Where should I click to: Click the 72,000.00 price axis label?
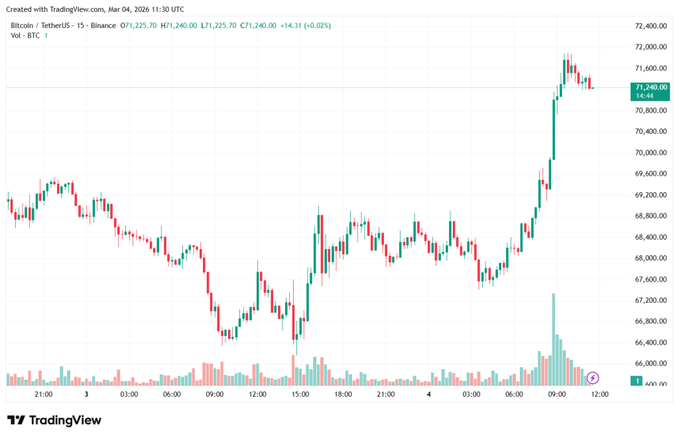click(x=650, y=47)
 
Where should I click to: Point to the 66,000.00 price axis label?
click(x=650, y=364)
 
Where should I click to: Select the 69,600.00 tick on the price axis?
click(x=650, y=174)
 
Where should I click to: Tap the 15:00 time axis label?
click(x=300, y=394)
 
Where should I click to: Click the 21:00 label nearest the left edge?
click(x=43, y=394)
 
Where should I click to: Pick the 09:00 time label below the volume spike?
click(x=556, y=394)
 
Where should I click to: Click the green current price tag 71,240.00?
click(x=650, y=87)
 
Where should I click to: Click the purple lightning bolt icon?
click(x=593, y=378)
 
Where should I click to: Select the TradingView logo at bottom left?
click(x=54, y=420)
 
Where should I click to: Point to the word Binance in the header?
click(x=102, y=25)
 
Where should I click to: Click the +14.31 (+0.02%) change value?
click(x=306, y=25)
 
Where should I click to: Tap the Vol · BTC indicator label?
click(x=25, y=35)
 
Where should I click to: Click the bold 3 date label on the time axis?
click(x=86, y=394)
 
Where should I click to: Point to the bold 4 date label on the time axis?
click(x=429, y=394)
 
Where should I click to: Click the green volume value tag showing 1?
click(x=637, y=381)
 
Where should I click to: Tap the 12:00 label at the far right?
click(x=599, y=394)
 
